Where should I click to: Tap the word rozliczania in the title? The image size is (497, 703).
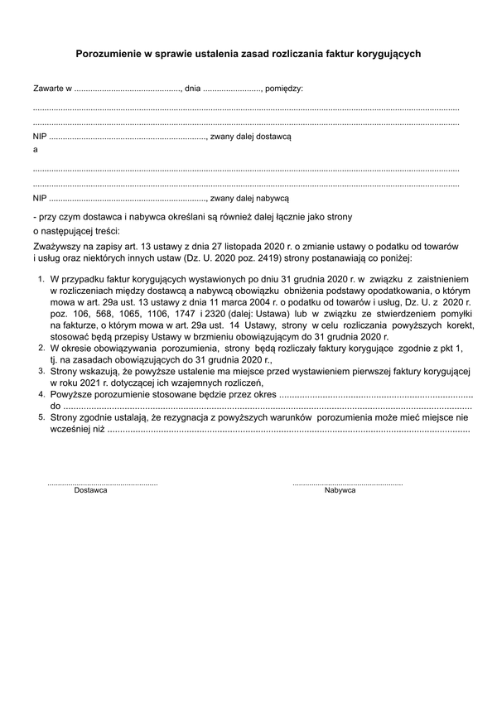(287, 53)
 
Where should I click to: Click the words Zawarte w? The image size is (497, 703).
(52, 87)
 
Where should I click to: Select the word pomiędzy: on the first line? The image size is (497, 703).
(284, 87)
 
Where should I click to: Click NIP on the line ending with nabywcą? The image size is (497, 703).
(40, 198)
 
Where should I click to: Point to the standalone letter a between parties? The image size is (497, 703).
(35, 150)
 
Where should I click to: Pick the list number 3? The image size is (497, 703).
(41, 372)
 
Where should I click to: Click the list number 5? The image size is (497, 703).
(41, 418)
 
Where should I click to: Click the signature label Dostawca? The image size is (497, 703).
(90, 491)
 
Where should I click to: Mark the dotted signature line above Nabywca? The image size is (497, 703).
(348, 482)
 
